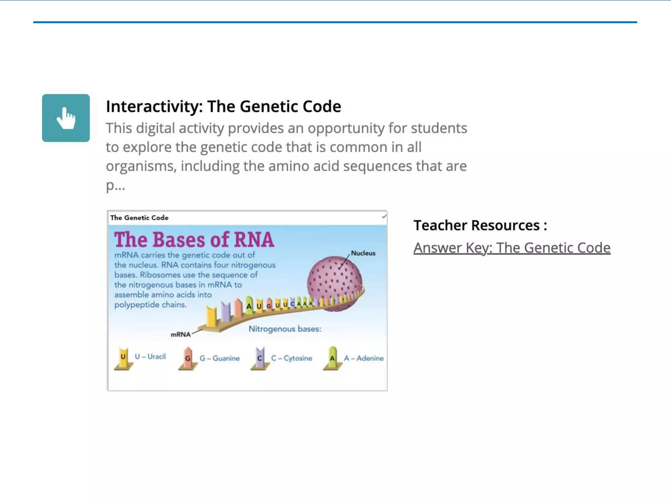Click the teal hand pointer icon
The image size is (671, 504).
[66, 118]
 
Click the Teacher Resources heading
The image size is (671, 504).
[480, 225]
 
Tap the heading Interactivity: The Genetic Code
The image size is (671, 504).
[223, 106]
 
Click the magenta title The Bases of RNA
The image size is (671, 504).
[194, 240]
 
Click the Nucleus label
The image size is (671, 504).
[363, 253]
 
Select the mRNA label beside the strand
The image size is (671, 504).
[181, 334]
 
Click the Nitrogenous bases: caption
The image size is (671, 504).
[285, 329]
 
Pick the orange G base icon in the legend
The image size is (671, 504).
[188, 358]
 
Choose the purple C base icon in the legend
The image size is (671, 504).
[260, 358]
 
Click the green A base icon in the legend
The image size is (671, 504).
[332, 358]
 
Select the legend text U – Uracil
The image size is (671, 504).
[150, 357]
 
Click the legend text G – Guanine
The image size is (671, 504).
[220, 358]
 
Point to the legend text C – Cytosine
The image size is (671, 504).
[292, 358]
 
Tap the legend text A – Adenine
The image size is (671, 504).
[364, 358]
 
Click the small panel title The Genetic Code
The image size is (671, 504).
[139, 218]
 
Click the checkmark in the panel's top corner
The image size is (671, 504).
[384, 217]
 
